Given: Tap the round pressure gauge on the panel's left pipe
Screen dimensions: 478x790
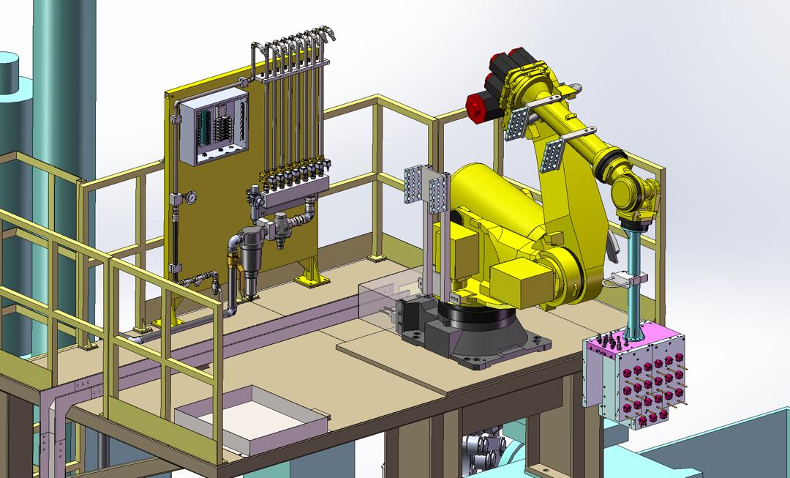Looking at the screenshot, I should [191, 198].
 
